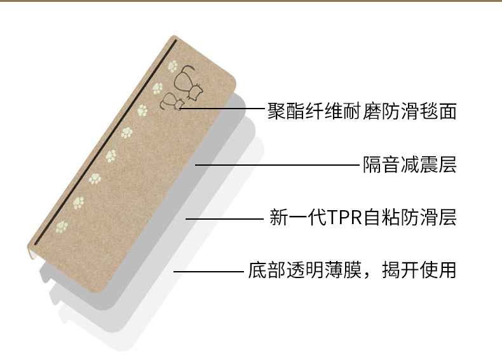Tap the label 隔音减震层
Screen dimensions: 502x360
pyautogui.click(x=409, y=166)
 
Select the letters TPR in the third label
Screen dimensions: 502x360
pyautogui.click(x=345, y=218)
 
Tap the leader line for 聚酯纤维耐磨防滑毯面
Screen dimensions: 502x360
pyautogui.click(x=222, y=109)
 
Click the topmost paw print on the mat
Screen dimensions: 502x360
pyautogui.click(x=172, y=65)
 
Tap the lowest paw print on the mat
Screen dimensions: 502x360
pyautogui.click(x=62, y=226)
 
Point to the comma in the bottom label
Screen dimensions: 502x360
pyautogui.click(x=370, y=274)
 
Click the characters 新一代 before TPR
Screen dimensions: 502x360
pyautogui.click(x=298, y=218)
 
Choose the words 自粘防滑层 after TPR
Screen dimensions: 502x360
pyautogui.click(x=410, y=218)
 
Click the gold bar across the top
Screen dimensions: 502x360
pyautogui.click(x=251, y=1)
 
